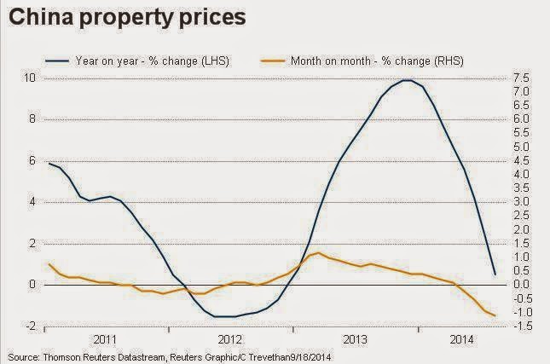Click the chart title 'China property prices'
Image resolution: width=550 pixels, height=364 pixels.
pos(128,16)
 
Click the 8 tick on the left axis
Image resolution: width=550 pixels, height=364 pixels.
pos(31,119)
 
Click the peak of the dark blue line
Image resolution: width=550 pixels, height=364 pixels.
pos(408,80)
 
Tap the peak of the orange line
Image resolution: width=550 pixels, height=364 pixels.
pos(316,253)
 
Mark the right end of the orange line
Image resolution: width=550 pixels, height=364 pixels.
pos(495,315)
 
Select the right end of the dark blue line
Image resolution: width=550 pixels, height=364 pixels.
pos(495,274)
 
